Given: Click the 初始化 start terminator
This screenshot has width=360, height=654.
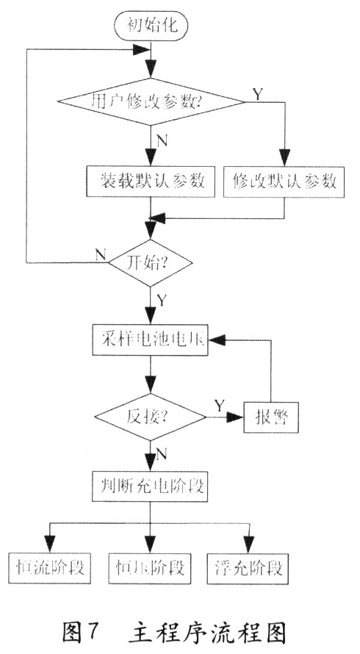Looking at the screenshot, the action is tap(151, 26).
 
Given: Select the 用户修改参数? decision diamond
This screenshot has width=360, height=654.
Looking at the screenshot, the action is tap(151, 101).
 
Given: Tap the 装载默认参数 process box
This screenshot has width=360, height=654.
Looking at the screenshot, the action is tap(151, 182).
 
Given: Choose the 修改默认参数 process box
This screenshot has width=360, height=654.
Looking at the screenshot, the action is tap(284, 182).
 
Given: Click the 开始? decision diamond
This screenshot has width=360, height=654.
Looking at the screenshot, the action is tap(151, 263).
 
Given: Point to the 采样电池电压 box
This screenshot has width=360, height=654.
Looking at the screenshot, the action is tap(151, 340).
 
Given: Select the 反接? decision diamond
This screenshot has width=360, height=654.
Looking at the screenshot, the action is tap(150, 417).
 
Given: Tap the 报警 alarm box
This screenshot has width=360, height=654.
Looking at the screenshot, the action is tap(271, 417).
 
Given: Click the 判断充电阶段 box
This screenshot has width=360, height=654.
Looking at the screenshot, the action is tap(151, 486).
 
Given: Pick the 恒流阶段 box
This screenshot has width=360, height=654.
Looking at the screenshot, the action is tap(50, 568).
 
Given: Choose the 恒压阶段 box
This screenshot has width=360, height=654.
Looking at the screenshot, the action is tap(150, 568).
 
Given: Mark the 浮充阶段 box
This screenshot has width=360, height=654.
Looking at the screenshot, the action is tap(248, 568).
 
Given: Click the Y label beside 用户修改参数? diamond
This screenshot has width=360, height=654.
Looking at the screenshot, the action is tap(259, 95).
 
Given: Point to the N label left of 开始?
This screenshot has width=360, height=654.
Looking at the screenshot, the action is tap(101, 255).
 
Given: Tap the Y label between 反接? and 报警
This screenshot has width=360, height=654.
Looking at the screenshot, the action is tap(219, 405).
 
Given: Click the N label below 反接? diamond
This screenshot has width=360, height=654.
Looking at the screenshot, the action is tap(162, 454).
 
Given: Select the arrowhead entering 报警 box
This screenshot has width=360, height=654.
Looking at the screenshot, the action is tap(235, 417).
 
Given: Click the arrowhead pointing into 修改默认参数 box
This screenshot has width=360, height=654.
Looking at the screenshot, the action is tap(284, 158).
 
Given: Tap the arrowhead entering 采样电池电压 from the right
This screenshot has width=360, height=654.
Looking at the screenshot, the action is tap(217, 340).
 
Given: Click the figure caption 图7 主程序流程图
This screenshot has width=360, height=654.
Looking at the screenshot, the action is tap(175, 633).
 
